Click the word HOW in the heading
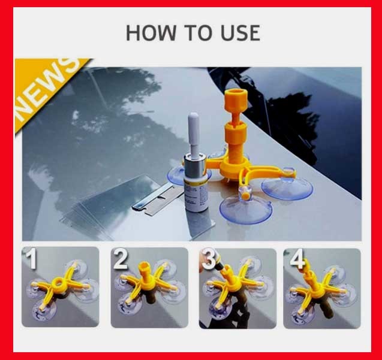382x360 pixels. tap(151, 32)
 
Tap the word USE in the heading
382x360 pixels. tap(240, 32)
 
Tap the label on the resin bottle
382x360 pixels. tap(195, 195)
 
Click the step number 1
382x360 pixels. tap(32, 259)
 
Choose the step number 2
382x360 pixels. tap(121, 259)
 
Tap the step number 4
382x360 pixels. tap(297, 259)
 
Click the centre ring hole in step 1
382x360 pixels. tap(58, 283)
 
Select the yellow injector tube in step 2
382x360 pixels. tap(144, 271)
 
